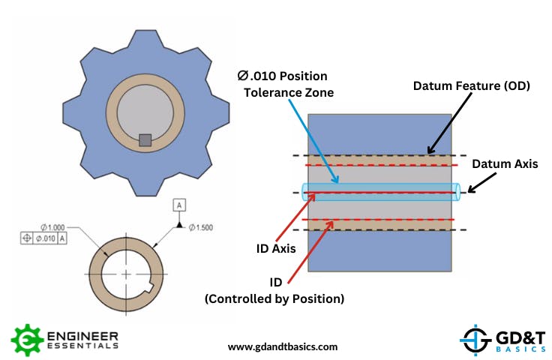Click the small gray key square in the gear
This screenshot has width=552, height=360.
click(x=146, y=139)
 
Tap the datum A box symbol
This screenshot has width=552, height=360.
click(x=179, y=204)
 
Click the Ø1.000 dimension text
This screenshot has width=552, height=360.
click(x=55, y=227)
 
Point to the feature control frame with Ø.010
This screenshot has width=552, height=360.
click(x=44, y=238)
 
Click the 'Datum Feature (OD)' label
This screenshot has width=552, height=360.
click(x=471, y=86)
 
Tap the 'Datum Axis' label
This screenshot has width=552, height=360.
click(x=504, y=164)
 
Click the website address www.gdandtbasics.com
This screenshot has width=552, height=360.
click(x=282, y=346)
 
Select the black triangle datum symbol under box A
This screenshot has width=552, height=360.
click(x=179, y=223)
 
